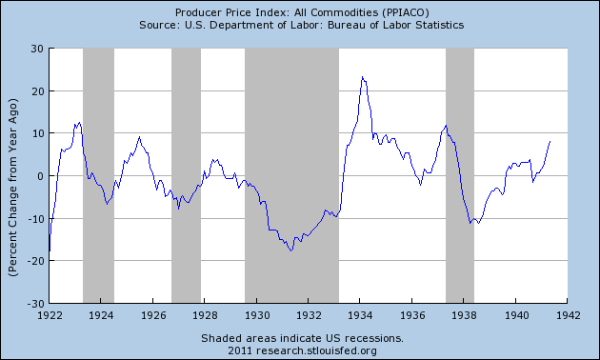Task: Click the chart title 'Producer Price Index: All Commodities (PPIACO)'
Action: click(300, 10)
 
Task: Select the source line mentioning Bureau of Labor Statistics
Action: click(300, 24)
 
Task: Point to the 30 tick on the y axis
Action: click(36, 49)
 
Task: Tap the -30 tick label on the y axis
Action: click(33, 304)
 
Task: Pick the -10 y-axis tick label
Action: click(33, 219)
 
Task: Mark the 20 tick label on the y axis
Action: click(36, 91)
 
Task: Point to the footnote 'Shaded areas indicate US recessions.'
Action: click(300, 338)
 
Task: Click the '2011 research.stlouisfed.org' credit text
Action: click(300, 350)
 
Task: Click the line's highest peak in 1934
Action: click(362, 77)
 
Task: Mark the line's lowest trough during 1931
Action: click(291, 250)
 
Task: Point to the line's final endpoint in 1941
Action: click(550, 141)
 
